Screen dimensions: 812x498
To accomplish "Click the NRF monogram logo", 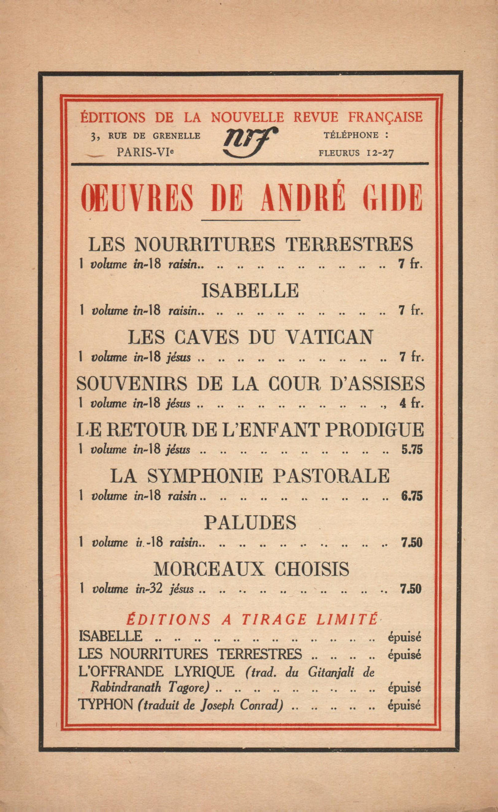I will [x=250, y=143].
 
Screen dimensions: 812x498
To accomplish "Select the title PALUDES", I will [x=250, y=523].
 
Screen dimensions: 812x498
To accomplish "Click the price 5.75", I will [x=412, y=449].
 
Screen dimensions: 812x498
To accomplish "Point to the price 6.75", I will [x=412, y=496].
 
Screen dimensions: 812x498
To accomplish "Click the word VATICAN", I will [x=329, y=337].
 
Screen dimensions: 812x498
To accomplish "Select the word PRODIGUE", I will [x=374, y=430].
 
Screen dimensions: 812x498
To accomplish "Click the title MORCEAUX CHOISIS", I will [x=251, y=569].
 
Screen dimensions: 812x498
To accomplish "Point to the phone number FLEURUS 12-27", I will [x=356, y=153].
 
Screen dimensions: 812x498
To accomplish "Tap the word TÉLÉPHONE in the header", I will [x=351, y=135].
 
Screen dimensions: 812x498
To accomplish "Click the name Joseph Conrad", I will [x=241, y=705].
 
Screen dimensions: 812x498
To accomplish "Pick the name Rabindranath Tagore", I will [x=148, y=687].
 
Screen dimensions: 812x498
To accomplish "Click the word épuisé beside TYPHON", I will [x=404, y=705].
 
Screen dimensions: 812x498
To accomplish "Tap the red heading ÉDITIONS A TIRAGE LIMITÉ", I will [x=252, y=619].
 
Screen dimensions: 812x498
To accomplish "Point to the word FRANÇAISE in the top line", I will [x=385, y=118].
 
